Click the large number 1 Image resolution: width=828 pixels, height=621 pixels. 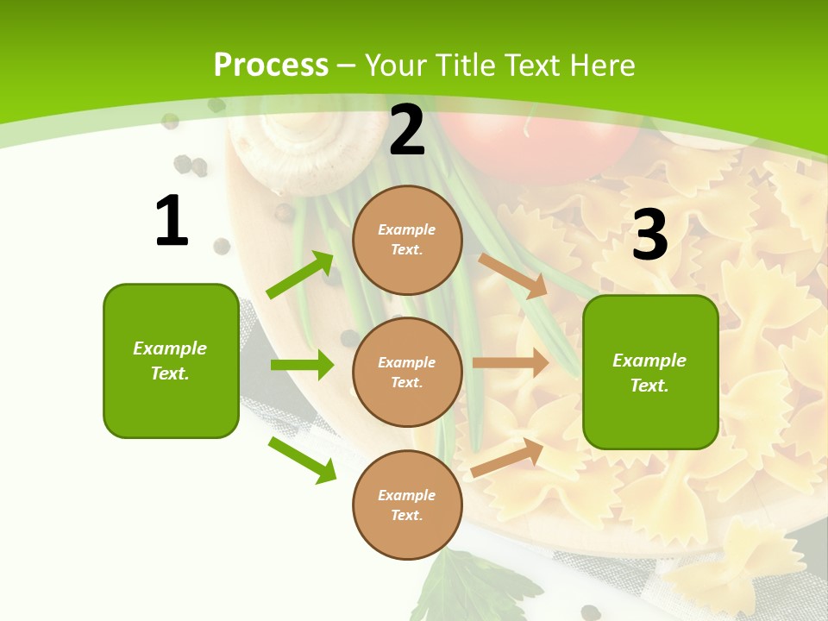pos(172,222)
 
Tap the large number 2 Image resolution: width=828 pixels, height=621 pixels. pos(407,130)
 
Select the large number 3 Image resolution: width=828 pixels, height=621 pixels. pos(650,234)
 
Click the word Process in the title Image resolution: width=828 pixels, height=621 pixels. pos(271,65)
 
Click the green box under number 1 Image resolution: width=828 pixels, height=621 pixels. pos(171,361)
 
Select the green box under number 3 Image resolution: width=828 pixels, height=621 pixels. pos(650,372)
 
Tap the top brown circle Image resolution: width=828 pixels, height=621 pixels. pos(407,240)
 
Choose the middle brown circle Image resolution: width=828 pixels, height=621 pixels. pos(407,372)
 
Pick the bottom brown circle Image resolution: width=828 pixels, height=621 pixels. pos(407,505)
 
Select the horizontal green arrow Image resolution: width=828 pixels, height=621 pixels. pos(302,365)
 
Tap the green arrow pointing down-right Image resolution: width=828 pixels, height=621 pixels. pos(302,459)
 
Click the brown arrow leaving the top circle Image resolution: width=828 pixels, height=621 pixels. pos(513,276)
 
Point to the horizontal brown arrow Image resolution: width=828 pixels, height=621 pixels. pos(511,363)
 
